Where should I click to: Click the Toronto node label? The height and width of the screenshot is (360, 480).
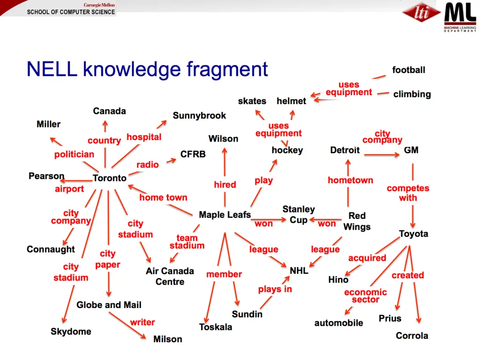110,178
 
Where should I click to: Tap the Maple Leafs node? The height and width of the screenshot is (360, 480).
225,215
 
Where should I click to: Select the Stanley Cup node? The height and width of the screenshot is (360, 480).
299,214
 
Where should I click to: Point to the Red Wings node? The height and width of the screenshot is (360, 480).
357,221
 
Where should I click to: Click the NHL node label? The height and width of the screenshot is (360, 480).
299,270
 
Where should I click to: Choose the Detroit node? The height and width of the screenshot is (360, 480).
345,150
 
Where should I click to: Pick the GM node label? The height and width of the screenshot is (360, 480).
411,150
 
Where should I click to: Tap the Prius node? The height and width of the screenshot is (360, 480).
390,318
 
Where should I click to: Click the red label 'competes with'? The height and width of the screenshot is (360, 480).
408,193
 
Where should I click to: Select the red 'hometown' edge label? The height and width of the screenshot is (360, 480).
350,180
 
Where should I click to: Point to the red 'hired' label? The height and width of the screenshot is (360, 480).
225,185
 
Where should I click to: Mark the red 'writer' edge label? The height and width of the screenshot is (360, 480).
142,322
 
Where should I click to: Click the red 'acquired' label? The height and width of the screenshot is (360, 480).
367,258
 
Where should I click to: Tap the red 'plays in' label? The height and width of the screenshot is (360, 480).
275,289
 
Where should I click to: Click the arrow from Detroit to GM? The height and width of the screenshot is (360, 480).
381,154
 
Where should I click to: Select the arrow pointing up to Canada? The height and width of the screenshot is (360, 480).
105,127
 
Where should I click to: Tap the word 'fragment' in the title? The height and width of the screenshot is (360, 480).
227,69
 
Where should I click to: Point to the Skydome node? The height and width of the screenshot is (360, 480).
71,331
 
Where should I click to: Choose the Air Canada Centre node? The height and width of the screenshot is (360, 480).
170,276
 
